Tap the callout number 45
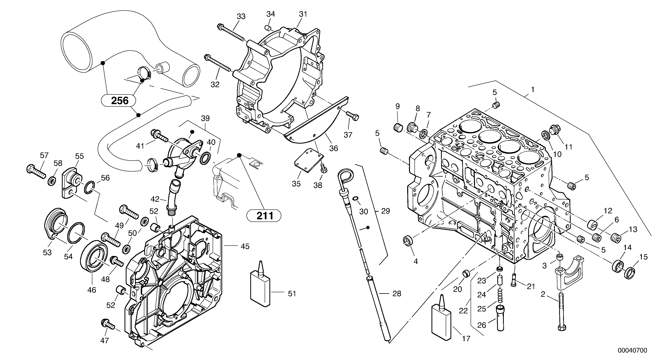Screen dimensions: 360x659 tap(245, 246)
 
